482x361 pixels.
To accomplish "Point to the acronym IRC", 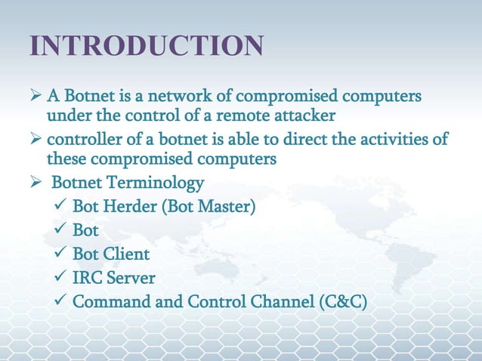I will coord(88,278).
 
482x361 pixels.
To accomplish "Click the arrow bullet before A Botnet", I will coord(36,98).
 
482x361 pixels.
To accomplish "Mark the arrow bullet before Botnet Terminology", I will coord(36,184).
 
